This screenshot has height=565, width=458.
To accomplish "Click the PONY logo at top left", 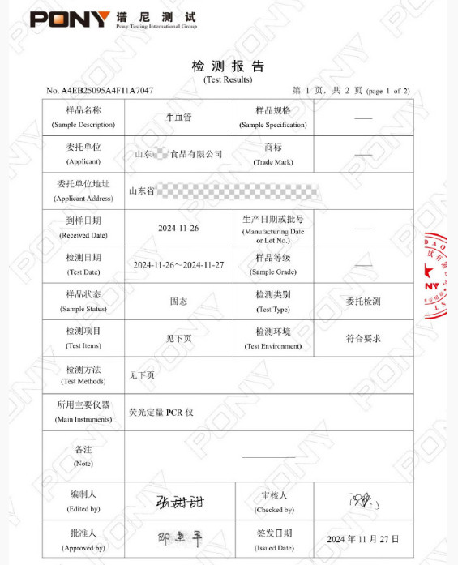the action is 70,19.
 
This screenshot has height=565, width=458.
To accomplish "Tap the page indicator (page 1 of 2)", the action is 388,91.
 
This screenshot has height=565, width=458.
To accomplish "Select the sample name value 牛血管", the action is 178,118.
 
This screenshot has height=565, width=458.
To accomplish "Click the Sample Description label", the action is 83,125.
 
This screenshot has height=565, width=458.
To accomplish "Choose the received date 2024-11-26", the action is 178,228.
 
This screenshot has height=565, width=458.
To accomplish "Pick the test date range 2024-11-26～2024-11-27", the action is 178,265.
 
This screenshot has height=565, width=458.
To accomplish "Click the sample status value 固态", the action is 178,302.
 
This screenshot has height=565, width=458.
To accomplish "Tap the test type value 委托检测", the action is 362,302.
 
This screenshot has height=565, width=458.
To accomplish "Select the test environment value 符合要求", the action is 362,338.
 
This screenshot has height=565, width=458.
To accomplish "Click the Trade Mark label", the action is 273,161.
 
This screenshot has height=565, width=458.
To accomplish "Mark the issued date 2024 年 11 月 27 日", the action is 362,539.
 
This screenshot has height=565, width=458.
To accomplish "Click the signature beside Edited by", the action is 178,501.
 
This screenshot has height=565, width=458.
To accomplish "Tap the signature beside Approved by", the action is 178,537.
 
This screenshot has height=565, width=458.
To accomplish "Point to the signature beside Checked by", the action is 362,501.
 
